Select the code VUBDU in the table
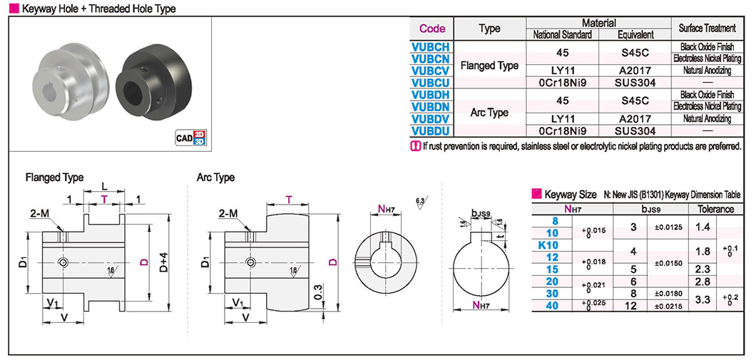[431, 130]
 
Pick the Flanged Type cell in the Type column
[489, 65]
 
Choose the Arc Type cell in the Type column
[489, 113]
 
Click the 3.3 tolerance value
[703, 299]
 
